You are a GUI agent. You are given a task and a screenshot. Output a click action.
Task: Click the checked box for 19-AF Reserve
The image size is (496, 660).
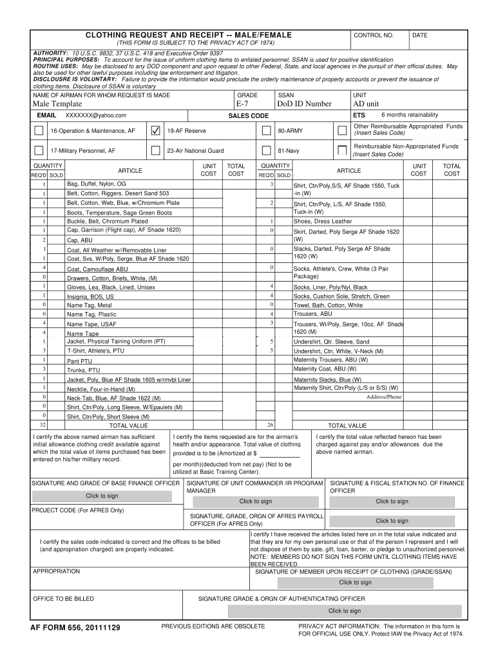point(155,131)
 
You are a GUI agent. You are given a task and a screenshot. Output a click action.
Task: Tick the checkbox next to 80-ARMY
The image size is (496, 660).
point(266,131)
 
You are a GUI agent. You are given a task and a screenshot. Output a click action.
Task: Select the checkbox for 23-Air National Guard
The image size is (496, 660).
point(155,151)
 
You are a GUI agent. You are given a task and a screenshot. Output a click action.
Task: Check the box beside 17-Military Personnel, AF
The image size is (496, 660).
point(39,151)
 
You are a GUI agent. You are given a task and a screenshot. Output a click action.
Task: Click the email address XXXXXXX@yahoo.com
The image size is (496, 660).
point(96,115)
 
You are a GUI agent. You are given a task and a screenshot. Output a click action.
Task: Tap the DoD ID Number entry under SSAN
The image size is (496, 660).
point(304,104)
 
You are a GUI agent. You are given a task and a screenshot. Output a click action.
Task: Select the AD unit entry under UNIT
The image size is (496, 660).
point(366,104)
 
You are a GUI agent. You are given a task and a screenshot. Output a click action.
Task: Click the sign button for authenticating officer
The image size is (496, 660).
point(345,611)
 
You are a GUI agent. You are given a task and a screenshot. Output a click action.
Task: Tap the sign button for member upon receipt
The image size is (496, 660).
point(355,583)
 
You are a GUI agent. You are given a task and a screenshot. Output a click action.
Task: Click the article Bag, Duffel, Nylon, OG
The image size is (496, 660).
point(97,184)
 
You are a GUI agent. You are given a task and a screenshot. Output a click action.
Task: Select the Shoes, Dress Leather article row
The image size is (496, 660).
point(323,221)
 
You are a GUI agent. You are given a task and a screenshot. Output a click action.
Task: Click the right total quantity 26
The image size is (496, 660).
point(271,425)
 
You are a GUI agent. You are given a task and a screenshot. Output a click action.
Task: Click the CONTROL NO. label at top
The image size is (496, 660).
point(373,35)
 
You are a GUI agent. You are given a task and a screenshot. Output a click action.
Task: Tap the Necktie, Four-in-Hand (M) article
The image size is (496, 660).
point(101,389)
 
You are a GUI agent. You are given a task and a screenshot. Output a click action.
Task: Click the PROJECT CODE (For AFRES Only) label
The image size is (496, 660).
point(78,510)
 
